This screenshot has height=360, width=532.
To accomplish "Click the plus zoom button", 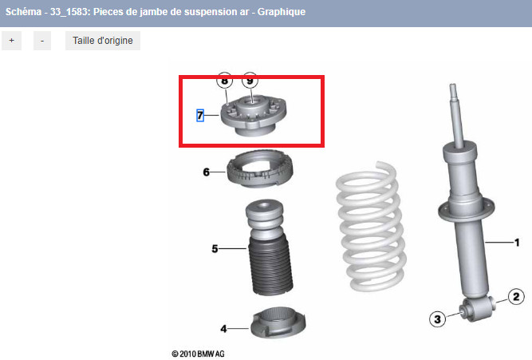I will (x=11, y=41).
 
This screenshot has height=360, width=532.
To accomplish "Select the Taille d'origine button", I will (x=103, y=41).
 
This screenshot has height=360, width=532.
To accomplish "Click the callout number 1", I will (x=516, y=242).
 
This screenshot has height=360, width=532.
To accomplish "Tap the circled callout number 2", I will (x=516, y=298).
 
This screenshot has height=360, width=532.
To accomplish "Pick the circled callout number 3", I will (x=437, y=319).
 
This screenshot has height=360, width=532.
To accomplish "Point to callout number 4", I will (x=223, y=327).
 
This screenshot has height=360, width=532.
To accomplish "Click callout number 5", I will (x=215, y=249).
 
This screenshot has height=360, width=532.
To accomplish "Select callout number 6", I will (x=206, y=172).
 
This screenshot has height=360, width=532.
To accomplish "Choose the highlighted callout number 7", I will (x=200, y=116).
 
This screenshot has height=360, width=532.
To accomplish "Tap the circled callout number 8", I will (x=224, y=81).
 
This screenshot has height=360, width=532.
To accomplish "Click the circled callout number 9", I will (x=250, y=81).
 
